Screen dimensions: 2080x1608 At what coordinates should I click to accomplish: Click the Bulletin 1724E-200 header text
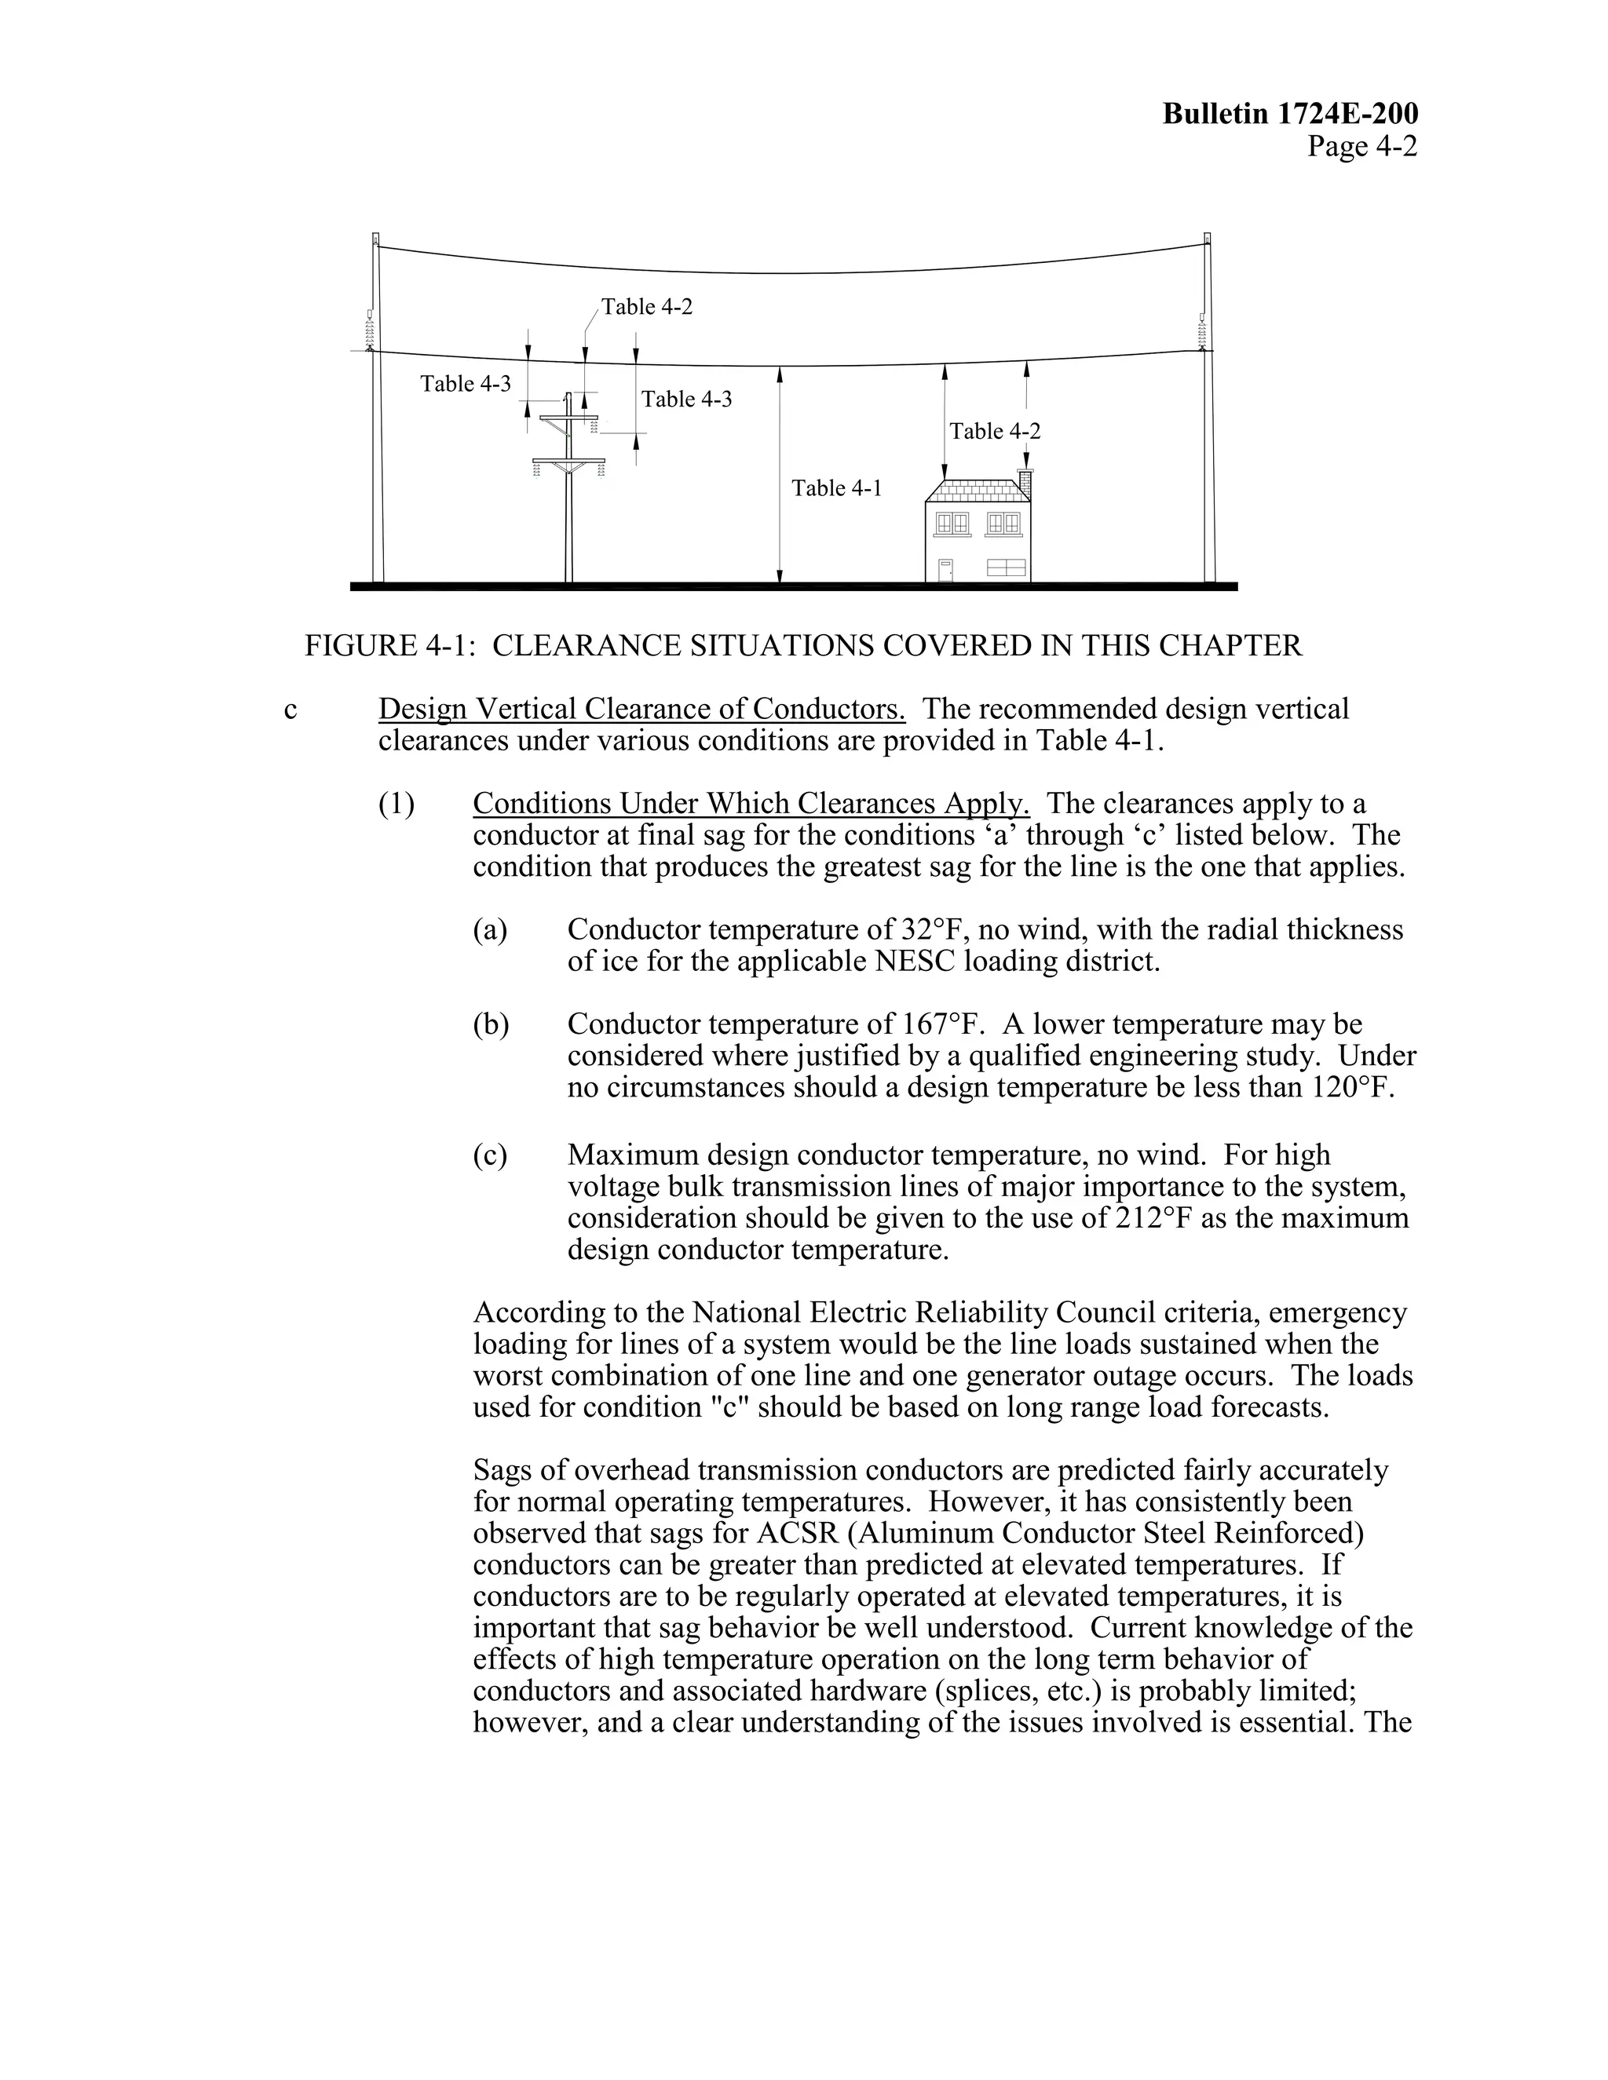tap(1290, 115)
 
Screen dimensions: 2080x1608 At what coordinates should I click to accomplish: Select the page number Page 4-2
tap(1361, 147)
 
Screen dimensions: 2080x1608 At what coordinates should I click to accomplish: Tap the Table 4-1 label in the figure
tap(836, 488)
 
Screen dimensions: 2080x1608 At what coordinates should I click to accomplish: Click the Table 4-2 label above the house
tap(995, 432)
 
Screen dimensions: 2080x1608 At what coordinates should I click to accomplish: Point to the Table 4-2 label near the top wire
tap(647, 307)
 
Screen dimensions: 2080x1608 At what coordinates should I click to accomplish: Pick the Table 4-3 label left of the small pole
tap(466, 384)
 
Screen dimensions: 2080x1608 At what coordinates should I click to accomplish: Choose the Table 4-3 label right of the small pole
tap(686, 399)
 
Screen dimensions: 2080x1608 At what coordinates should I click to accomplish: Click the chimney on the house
tap(1025, 482)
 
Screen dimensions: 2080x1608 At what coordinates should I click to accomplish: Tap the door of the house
tap(945, 570)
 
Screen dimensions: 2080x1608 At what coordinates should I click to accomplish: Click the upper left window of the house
tap(952, 523)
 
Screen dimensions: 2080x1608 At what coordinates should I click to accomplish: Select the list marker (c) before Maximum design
tap(490, 1155)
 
